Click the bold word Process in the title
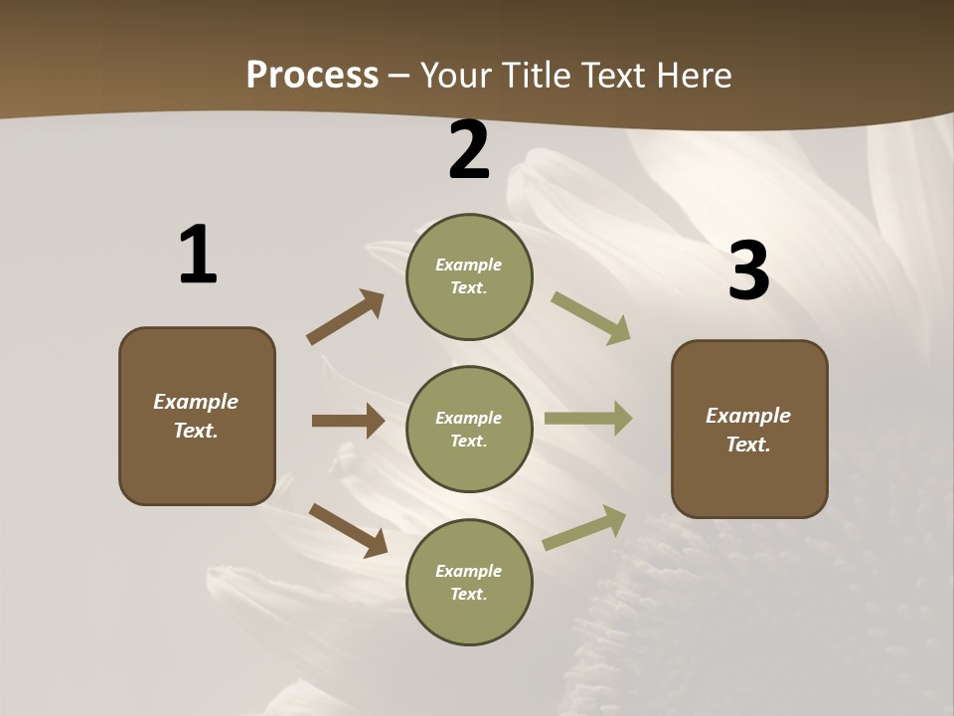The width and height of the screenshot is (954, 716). pyautogui.click(x=312, y=76)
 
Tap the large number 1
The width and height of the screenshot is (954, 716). pyautogui.click(x=197, y=255)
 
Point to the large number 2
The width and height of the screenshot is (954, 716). pyautogui.click(x=469, y=150)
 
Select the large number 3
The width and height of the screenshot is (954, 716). pyautogui.click(x=748, y=270)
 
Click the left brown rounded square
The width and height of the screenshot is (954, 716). pyautogui.click(x=197, y=416)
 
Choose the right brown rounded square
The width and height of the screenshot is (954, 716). pyautogui.click(x=749, y=430)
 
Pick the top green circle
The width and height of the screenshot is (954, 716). pyautogui.click(x=469, y=276)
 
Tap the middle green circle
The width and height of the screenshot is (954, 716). pyautogui.click(x=469, y=429)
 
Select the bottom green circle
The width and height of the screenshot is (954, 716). pyautogui.click(x=469, y=582)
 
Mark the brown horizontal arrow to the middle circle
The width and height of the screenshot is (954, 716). pyautogui.click(x=347, y=421)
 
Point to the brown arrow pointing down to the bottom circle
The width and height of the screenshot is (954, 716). pyautogui.click(x=348, y=530)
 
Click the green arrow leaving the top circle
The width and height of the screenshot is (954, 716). pyautogui.click(x=590, y=318)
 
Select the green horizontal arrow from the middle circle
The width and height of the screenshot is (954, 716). pyautogui.click(x=587, y=419)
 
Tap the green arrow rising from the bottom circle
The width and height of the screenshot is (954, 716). pyautogui.click(x=584, y=527)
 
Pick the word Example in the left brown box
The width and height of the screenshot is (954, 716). pyautogui.click(x=196, y=402)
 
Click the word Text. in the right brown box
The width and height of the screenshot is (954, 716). pyautogui.click(x=748, y=445)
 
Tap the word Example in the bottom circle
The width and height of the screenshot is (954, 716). pyautogui.click(x=468, y=571)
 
